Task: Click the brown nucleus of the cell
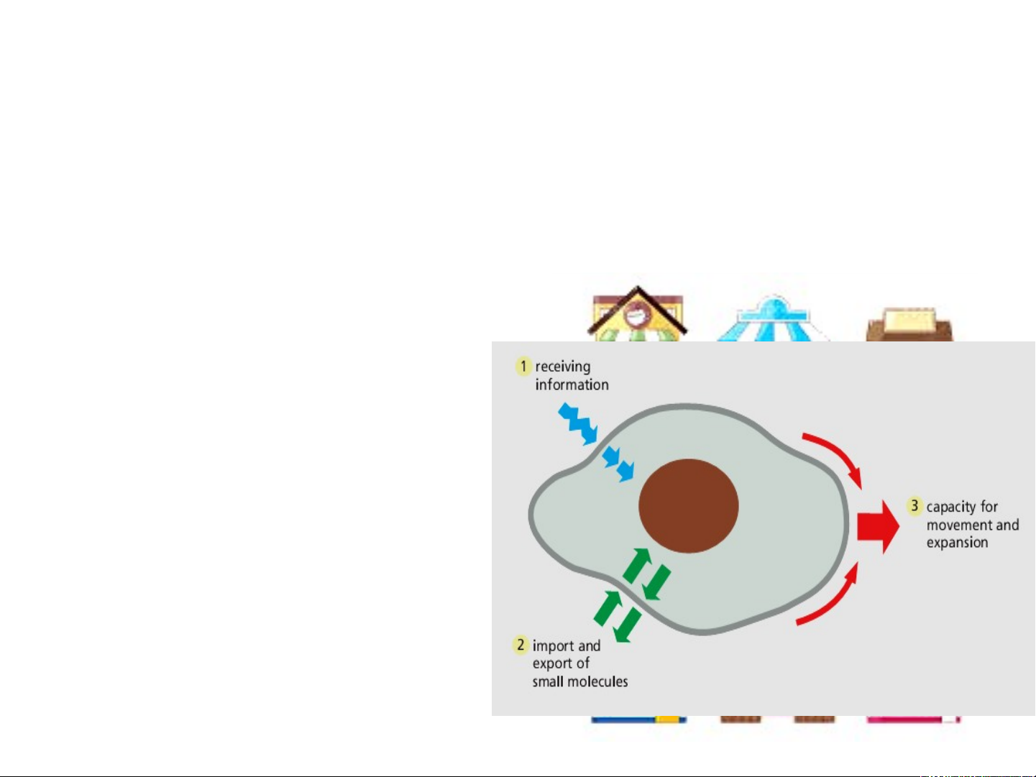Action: click(x=688, y=505)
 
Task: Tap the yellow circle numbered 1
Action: click(x=523, y=367)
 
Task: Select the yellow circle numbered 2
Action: click(x=521, y=645)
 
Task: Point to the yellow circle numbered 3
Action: click(x=914, y=506)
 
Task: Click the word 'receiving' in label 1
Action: click(x=563, y=367)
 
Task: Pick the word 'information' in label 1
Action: click(x=572, y=385)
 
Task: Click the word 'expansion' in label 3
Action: click(x=957, y=543)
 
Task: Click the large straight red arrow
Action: click(x=878, y=526)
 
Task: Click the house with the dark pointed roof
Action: click(x=637, y=313)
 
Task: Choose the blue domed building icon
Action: click(x=773, y=318)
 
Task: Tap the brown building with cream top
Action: click(x=909, y=324)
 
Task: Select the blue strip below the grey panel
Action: click(x=623, y=719)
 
